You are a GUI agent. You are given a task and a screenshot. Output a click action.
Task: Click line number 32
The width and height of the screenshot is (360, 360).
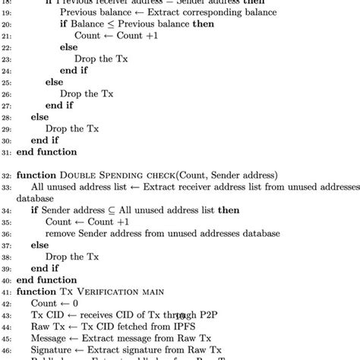(x=6, y=174)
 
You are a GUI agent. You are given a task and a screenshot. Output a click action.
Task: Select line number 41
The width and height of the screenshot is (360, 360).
(x=6, y=292)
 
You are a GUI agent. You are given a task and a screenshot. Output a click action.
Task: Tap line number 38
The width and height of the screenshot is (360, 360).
(x=6, y=257)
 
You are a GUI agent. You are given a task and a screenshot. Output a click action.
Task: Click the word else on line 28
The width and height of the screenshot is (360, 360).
(x=39, y=115)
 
